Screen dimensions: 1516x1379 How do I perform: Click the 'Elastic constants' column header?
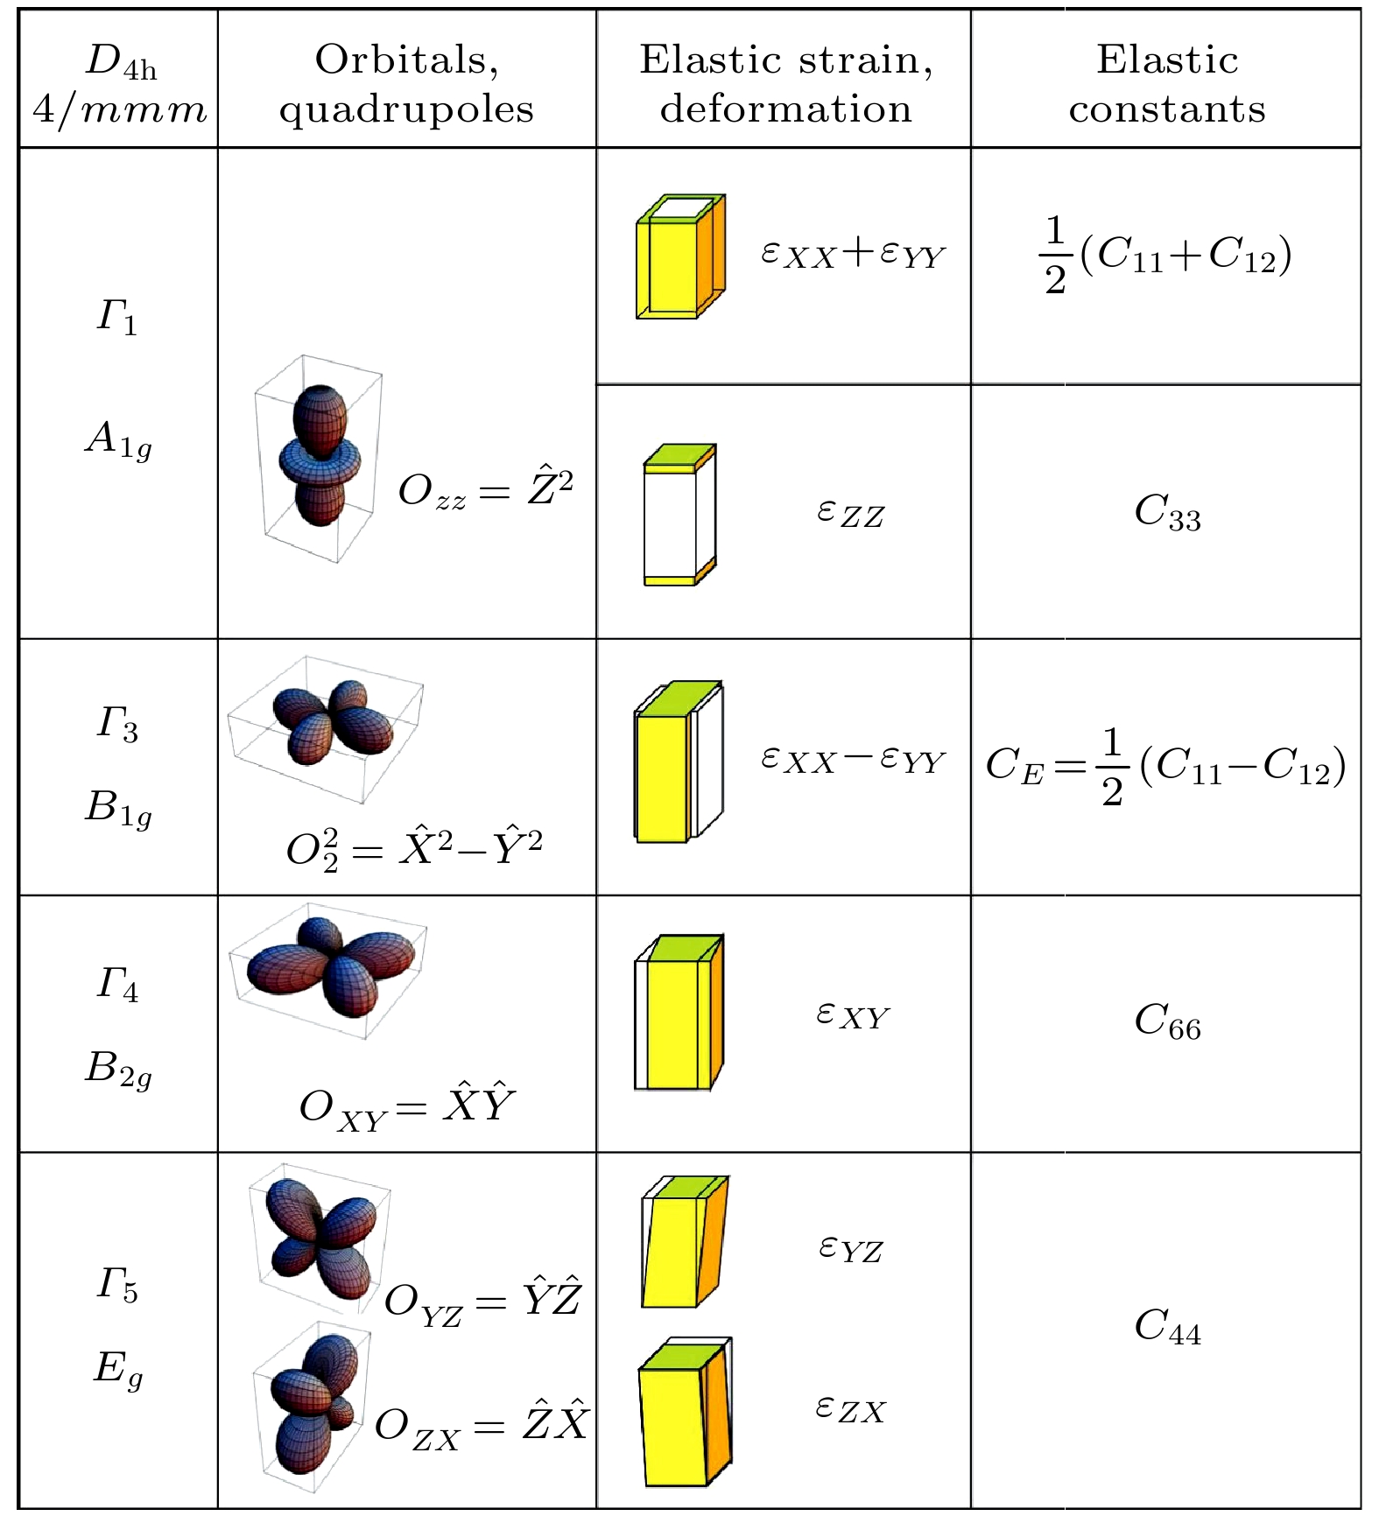pos(1166,84)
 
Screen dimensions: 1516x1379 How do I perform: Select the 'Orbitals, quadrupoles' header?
pos(406,84)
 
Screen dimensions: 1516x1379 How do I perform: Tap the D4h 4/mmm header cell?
pos(120,84)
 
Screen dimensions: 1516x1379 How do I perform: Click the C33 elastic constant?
pos(1167,512)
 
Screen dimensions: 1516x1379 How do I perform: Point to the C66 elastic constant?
pos(1167,1021)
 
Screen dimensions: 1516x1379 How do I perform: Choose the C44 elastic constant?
pos(1167,1325)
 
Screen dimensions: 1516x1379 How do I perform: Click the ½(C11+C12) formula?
pos(1164,256)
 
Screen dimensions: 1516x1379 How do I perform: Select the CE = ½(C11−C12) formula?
pos(1165,766)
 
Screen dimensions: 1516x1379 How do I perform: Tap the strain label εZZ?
pos(850,512)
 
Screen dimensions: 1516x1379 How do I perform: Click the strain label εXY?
pos(852,1015)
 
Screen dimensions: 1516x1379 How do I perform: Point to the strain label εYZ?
pos(850,1249)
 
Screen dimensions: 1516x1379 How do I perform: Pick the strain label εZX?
pos(850,1409)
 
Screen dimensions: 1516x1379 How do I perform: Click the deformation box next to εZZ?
pos(679,515)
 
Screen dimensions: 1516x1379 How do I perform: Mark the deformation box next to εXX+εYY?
pos(680,256)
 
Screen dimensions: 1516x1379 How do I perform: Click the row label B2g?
pos(118,1069)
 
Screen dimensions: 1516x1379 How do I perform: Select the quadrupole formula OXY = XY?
pos(407,1107)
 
